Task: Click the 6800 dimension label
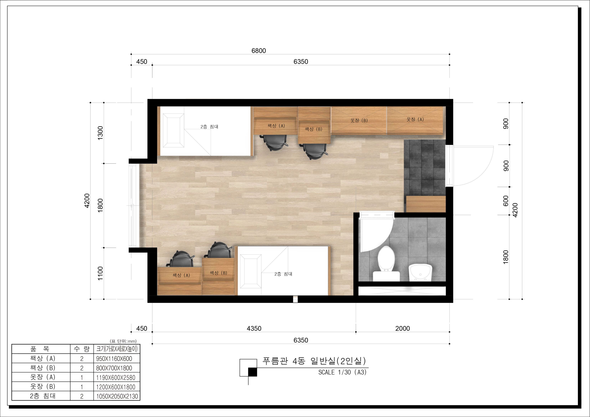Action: coord(259,51)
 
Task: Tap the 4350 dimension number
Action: coord(254,328)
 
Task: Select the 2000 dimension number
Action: coord(402,328)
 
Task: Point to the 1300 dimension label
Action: coord(100,133)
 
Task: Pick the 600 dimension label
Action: coord(506,201)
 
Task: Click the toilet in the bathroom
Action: coord(386,263)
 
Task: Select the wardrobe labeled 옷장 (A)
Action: coord(415,120)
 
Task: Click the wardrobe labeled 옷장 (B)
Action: coord(359,120)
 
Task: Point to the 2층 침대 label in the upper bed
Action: coord(209,127)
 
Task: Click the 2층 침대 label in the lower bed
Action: coord(283,274)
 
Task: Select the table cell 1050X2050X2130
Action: coord(117,396)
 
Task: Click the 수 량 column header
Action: coord(82,349)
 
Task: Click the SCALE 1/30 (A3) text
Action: coord(342,372)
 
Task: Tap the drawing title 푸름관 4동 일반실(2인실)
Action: coord(314,361)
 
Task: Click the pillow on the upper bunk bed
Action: coord(173,131)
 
